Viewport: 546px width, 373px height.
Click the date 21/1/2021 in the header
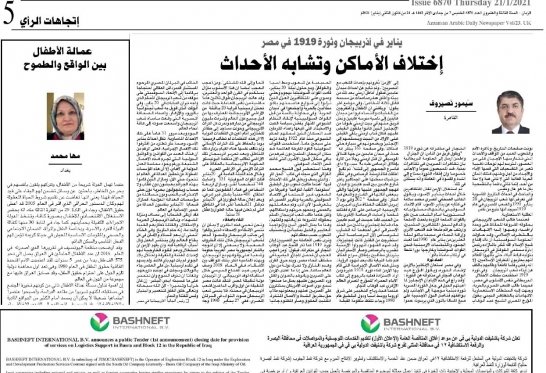[x=516, y=4]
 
